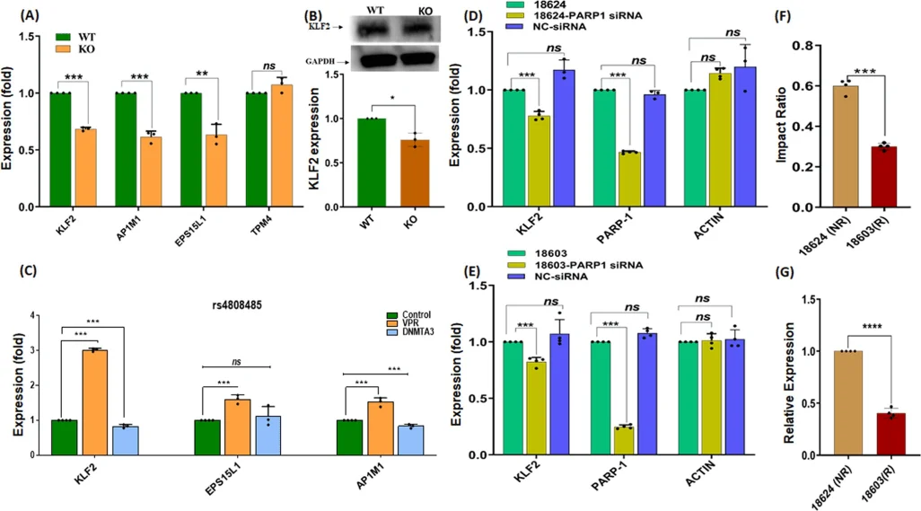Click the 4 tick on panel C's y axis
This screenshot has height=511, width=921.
tap(34, 315)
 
